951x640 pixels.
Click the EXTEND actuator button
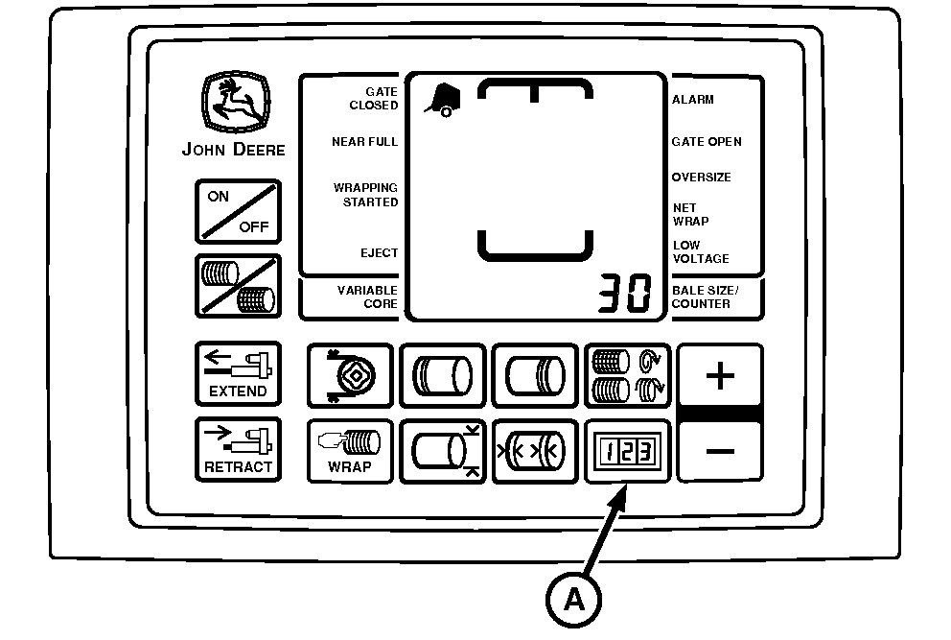238,373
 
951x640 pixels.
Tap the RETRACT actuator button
238,449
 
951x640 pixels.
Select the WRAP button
350,451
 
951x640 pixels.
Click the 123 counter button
627,451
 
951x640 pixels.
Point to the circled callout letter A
573,600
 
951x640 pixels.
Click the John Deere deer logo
236,102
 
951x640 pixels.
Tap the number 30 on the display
625,293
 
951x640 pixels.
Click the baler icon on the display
443,100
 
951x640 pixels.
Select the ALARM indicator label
692,100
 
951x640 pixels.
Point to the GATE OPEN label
707,141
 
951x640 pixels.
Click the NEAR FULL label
364,141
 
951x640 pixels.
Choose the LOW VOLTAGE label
701,252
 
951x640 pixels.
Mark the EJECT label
379,252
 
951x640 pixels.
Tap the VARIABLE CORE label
367,296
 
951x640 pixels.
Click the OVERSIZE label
701,178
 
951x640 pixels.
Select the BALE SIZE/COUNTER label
705,296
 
